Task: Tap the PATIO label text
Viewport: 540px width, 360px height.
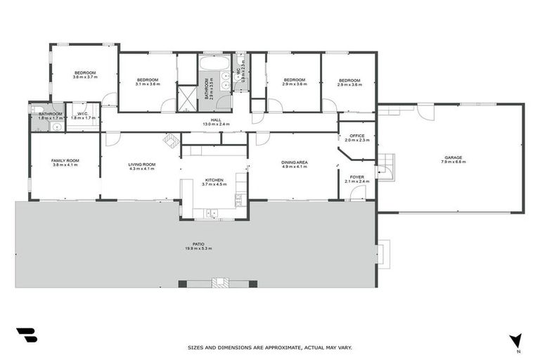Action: click(198, 243)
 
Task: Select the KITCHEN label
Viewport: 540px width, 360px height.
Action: click(214, 180)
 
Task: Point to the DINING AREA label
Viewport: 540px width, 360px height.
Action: click(295, 162)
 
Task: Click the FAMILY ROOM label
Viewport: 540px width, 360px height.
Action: click(65, 161)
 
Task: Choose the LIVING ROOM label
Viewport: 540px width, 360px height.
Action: click(141, 165)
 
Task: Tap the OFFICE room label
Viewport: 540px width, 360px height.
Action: click(357, 135)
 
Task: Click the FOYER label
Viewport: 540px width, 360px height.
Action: click(357, 176)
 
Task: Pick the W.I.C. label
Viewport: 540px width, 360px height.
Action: click(82, 114)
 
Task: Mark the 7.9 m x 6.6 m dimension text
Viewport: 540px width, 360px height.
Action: click(454, 162)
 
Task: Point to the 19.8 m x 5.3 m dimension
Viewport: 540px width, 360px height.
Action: click(198, 248)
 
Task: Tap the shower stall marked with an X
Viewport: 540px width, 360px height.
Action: click(187, 98)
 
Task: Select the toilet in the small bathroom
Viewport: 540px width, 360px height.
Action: click(36, 110)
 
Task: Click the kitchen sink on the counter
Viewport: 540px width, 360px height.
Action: click(211, 212)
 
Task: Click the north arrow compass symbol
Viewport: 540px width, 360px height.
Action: click(516, 342)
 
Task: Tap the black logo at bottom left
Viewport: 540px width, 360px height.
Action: click(26, 335)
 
